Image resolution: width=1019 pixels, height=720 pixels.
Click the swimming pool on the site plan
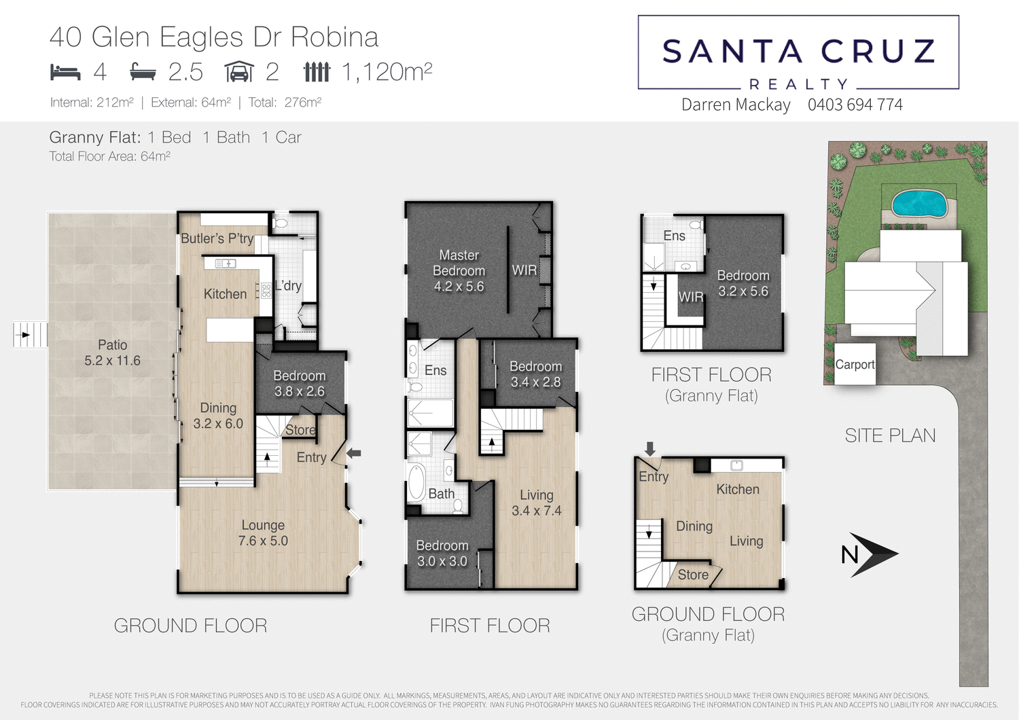(919, 203)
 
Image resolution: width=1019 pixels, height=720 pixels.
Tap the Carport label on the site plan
(855, 365)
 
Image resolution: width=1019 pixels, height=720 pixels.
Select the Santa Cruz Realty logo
(798, 53)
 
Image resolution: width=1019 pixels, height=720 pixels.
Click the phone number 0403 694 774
(855, 105)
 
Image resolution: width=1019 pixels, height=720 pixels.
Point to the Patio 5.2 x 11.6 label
(112, 353)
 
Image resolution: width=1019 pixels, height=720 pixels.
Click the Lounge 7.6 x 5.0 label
(263, 533)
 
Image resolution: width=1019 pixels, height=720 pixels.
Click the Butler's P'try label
(217, 238)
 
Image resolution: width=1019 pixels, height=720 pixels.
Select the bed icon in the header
(65, 71)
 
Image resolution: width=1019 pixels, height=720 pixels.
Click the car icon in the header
(239, 71)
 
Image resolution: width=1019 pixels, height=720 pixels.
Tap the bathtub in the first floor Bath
(416, 482)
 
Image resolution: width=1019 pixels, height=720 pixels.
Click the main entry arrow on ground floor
(354, 453)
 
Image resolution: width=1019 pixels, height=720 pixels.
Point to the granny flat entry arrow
(650, 448)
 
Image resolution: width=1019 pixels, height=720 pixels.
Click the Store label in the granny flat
(692, 575)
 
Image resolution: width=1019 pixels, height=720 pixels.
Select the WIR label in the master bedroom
(524, 270)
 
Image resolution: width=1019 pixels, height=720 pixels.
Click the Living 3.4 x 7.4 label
(536, 503)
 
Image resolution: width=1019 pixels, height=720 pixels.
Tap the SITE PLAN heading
(890, 435)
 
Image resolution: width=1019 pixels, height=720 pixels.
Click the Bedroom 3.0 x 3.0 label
(442, 554)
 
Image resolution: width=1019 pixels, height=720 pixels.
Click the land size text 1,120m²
(387, 71)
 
